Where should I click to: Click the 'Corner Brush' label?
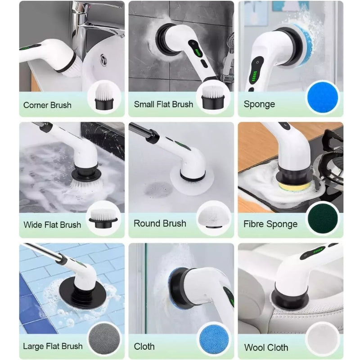click(x=47, y=105)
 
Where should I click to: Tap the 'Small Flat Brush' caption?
click(x=163, y=104)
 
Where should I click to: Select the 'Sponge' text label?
click(x=259, y=104)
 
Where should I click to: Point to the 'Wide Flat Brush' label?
click(x=52, y=225)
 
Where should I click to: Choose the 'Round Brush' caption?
click(x=160, y=223)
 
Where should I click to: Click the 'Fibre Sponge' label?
click(x=270, y=224)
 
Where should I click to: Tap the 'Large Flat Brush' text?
click(x=53, y=346)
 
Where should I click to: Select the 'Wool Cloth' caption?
click(x=266, y=347)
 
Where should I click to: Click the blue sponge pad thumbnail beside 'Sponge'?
click(x=323, y=97)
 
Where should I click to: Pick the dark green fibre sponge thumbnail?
click(x=323, y=218)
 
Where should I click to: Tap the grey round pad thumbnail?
click(x=104, y=339)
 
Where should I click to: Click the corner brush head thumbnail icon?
click(x=104, y=97)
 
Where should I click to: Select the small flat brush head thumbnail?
click(x=213, y=97)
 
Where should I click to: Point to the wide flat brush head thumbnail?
click(x=103, y=218)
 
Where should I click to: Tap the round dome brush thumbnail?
click(x=214, y=217)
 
